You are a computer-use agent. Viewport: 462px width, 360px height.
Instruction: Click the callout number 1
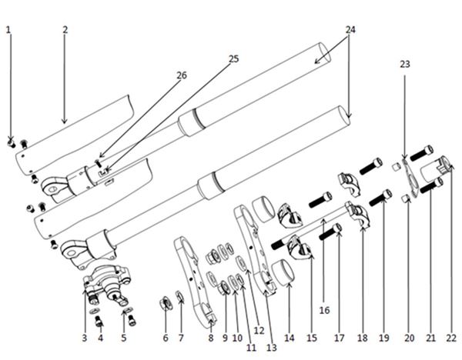(8, 30)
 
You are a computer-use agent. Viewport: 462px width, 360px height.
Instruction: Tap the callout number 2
(65, 30)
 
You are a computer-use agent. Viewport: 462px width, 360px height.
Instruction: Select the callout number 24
(350, 30)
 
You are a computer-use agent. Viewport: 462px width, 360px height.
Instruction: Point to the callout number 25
(233, 59)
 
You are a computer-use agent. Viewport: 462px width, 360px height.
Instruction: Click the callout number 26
(182, 75)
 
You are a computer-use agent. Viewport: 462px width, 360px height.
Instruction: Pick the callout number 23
(405, 64)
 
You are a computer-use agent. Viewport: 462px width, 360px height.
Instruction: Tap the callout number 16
(324, 310)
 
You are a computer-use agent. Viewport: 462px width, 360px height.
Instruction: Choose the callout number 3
(85, 338)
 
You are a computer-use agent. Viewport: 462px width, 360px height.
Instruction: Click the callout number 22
(451, 338)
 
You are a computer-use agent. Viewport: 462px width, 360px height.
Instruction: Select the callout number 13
(272, 348)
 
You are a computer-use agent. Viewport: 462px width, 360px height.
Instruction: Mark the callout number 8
(211, 338)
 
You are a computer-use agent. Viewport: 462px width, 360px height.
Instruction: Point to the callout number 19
(384, 338)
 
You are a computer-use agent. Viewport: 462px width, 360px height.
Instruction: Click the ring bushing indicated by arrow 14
(283, 272)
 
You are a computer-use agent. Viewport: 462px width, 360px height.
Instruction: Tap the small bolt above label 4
(99, 321)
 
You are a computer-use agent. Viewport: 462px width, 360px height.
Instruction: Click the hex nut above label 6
(166, 304)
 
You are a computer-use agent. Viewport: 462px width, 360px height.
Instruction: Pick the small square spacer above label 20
(407, 199)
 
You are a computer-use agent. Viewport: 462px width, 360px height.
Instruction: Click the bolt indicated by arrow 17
(330, 232)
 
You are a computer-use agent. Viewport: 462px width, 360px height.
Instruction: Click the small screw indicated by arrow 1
(12, 144)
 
